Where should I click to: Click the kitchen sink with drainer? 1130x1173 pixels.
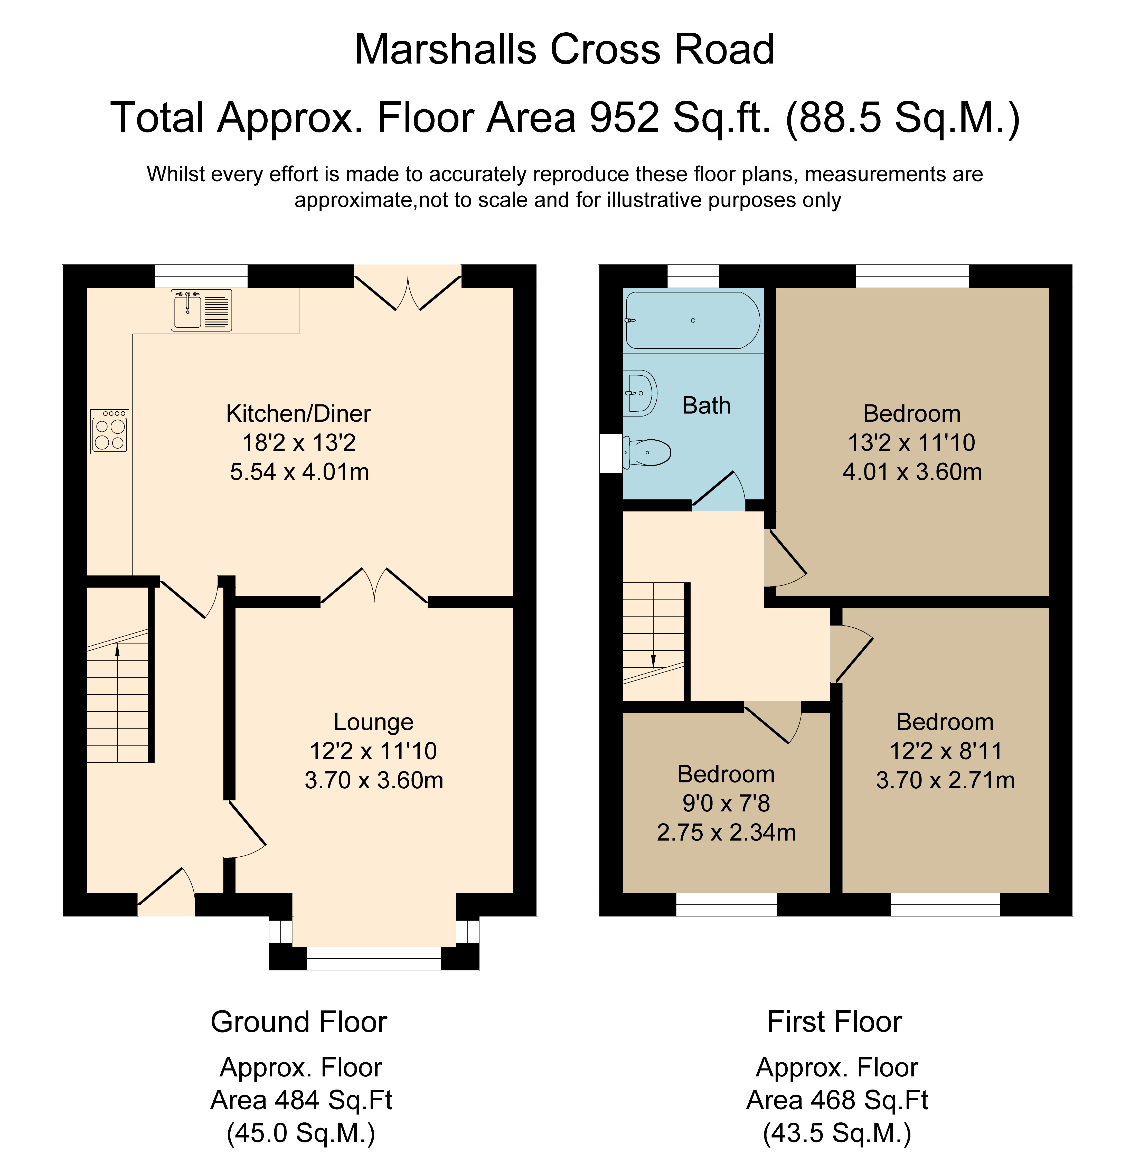pyautogui.click(x=201, y=310)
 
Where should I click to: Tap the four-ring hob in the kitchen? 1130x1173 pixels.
pyautogui.click(x=109, y=431)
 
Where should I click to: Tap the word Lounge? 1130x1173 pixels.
pyautogui.click(x=373, y=722)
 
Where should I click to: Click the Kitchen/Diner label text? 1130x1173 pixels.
pyautogui.click(x=299, y=413)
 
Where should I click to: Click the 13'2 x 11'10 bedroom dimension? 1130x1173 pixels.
pyautogui.click(x=911, y=443)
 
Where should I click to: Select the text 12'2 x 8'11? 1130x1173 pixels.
pyautogui.click(x=945, y=751)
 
